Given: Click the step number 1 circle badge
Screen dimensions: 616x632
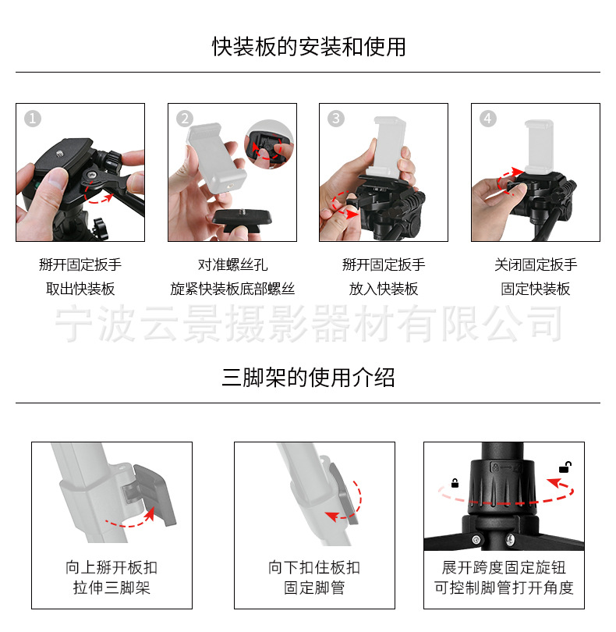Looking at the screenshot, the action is pos(33,119).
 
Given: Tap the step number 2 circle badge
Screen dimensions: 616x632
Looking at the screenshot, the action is pos(185,119).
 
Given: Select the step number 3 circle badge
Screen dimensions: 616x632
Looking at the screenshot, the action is pos(336,119).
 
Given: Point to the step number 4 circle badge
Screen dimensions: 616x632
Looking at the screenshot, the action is pos(488,119).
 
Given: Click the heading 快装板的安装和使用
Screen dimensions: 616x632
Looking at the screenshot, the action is pos(309,47).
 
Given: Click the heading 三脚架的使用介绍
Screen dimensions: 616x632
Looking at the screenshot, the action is pos(308,378).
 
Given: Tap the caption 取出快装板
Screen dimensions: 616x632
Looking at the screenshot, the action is pos(80,289).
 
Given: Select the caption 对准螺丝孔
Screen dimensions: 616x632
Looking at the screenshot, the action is pos(232,265).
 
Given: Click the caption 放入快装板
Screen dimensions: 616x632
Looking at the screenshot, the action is pos(384,289).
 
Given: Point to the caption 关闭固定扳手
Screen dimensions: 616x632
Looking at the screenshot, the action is pos(536,265).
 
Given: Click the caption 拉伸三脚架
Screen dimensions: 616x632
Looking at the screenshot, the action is pos(112,588).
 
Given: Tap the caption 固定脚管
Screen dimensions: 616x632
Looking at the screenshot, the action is pos(314,588).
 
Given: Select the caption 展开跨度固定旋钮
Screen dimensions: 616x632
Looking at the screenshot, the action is pos(504,567).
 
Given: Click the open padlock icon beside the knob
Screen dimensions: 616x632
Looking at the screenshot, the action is pos(565,467).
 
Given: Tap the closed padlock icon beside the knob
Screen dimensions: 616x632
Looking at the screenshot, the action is pos(455,483).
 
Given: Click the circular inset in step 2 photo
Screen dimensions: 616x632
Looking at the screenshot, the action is pos(269,144).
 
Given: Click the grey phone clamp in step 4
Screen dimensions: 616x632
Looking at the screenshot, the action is pos(539,147).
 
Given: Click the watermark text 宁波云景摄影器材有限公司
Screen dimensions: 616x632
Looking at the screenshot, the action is pos(308,323).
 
